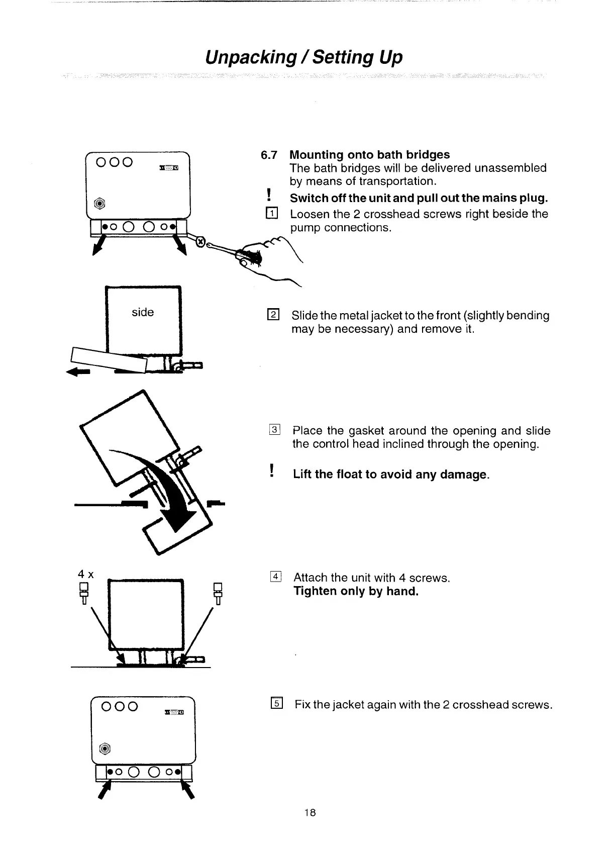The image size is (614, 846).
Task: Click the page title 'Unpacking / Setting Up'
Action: (304, 57)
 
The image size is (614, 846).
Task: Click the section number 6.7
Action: (270, 155)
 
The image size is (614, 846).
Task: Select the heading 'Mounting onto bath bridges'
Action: (370, 155)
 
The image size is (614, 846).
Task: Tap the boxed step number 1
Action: (272, 214)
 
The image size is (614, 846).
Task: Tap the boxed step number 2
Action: (273, 316)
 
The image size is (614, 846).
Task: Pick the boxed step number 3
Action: (274, 430)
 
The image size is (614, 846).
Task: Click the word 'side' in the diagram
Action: (143, 312)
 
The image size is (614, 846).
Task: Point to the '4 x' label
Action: (86, 574)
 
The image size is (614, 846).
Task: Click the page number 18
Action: (310, 813)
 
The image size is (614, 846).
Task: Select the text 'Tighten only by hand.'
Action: (356, 591)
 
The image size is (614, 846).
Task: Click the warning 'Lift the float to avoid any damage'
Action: (390, 475)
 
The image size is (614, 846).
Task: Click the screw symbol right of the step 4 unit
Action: (218, 593)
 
